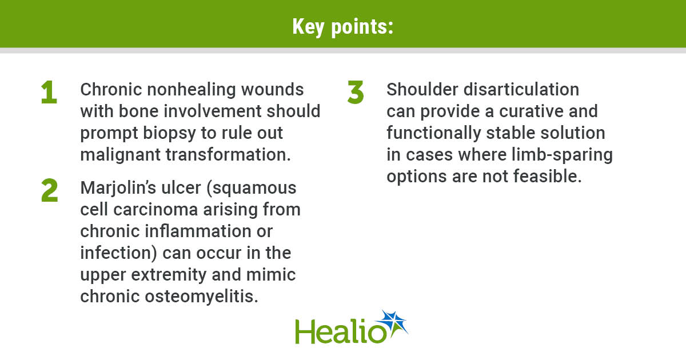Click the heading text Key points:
click(x=342, y=26)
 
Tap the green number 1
click(x=49, y=93)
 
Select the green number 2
click(x=50, y=191)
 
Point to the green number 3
click(x=356, y=93)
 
